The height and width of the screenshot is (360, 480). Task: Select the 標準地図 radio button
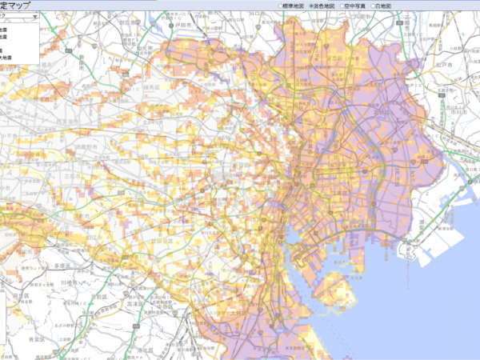[x=281, y=6]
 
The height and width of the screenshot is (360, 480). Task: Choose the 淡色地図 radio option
[x=311, y=6]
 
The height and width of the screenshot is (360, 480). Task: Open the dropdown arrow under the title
[x=35, y=16]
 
